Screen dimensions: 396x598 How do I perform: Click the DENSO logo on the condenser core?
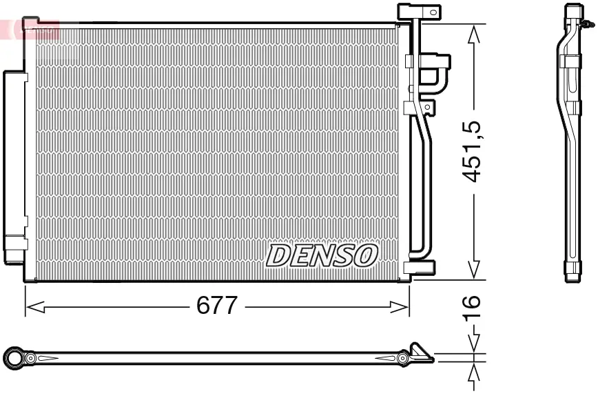322,255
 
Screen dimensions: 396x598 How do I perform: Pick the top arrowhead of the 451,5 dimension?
473,33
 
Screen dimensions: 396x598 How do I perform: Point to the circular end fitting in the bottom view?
14,357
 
